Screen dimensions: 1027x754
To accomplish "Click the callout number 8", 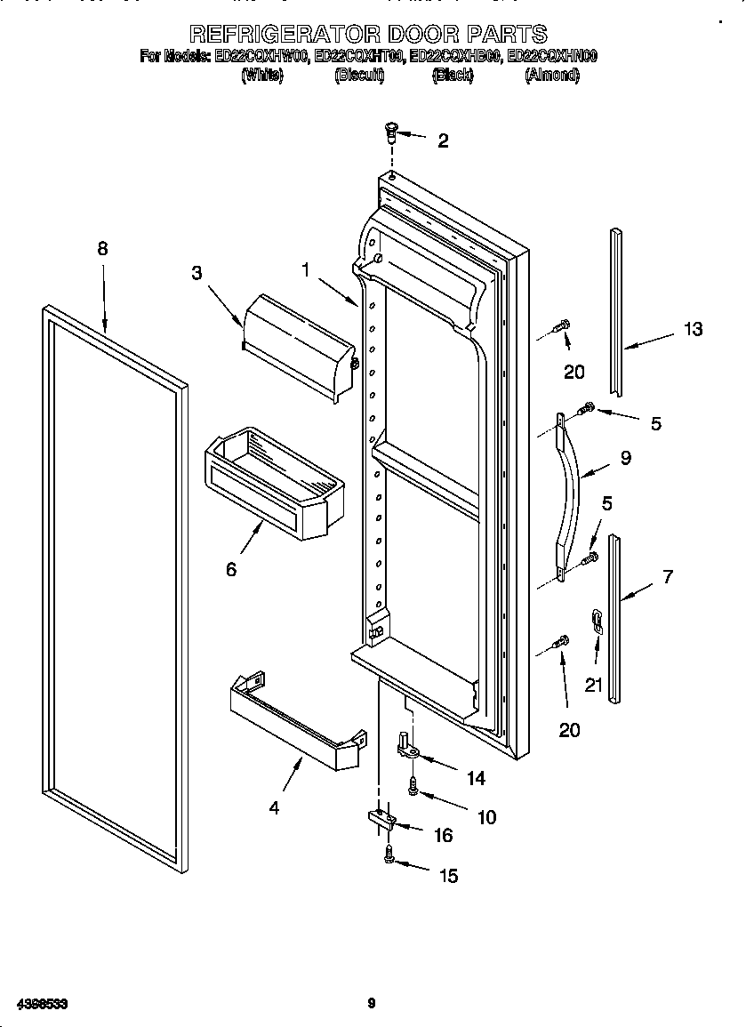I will click(x=102, y=249).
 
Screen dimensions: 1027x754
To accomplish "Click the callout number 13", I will click(x=693, y=329).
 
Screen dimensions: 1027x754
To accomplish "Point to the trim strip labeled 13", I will click(x=615, y=311).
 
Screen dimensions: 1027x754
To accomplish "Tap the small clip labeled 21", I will click(x=597, y=621).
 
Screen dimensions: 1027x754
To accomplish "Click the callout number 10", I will click(x=486, y=817).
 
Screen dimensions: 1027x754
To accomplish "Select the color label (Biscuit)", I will click(x=358, y=76).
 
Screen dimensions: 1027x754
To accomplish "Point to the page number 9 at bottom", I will click(x=372, y=1004).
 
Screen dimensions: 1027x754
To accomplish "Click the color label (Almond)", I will click(x=551, y=76).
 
